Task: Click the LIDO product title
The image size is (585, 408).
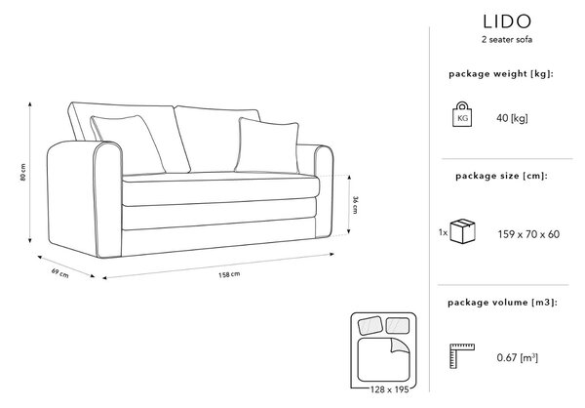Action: tap(507, 21)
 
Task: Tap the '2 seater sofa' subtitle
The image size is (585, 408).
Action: tap(507, 40)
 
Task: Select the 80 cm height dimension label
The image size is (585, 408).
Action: tap(23, 172)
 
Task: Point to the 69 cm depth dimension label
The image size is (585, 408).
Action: tap(59, 273)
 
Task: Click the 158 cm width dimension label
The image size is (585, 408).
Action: tap(229, 274)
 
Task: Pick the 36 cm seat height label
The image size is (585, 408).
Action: tap(355, 204)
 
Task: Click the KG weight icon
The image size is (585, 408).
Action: tap(462, 114)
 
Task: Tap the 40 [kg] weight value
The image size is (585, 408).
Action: tap(512, 118)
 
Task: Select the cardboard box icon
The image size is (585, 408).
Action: tap(462, 231)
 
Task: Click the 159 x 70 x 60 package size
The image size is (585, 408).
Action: tap(528, 234)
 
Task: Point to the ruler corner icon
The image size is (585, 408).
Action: tap(462, 355)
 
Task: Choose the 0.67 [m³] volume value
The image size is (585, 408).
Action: tap(517, 357)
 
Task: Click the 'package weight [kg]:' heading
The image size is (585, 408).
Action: tap(501, 74)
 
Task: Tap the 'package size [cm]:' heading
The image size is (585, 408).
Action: tap(501, 176)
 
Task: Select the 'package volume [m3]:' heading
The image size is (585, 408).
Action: tap(502, 303)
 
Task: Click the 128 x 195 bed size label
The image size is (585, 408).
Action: tap(389, 389)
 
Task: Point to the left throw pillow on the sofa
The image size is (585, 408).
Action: tap(128, 143)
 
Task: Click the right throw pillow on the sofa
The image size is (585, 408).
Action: tap(267, 145)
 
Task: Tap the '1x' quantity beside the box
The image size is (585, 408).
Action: tap(443, 232)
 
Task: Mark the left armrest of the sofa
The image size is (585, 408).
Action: tap(85, 199)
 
